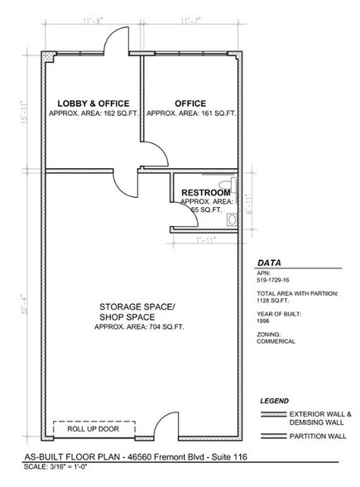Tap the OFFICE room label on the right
190,104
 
